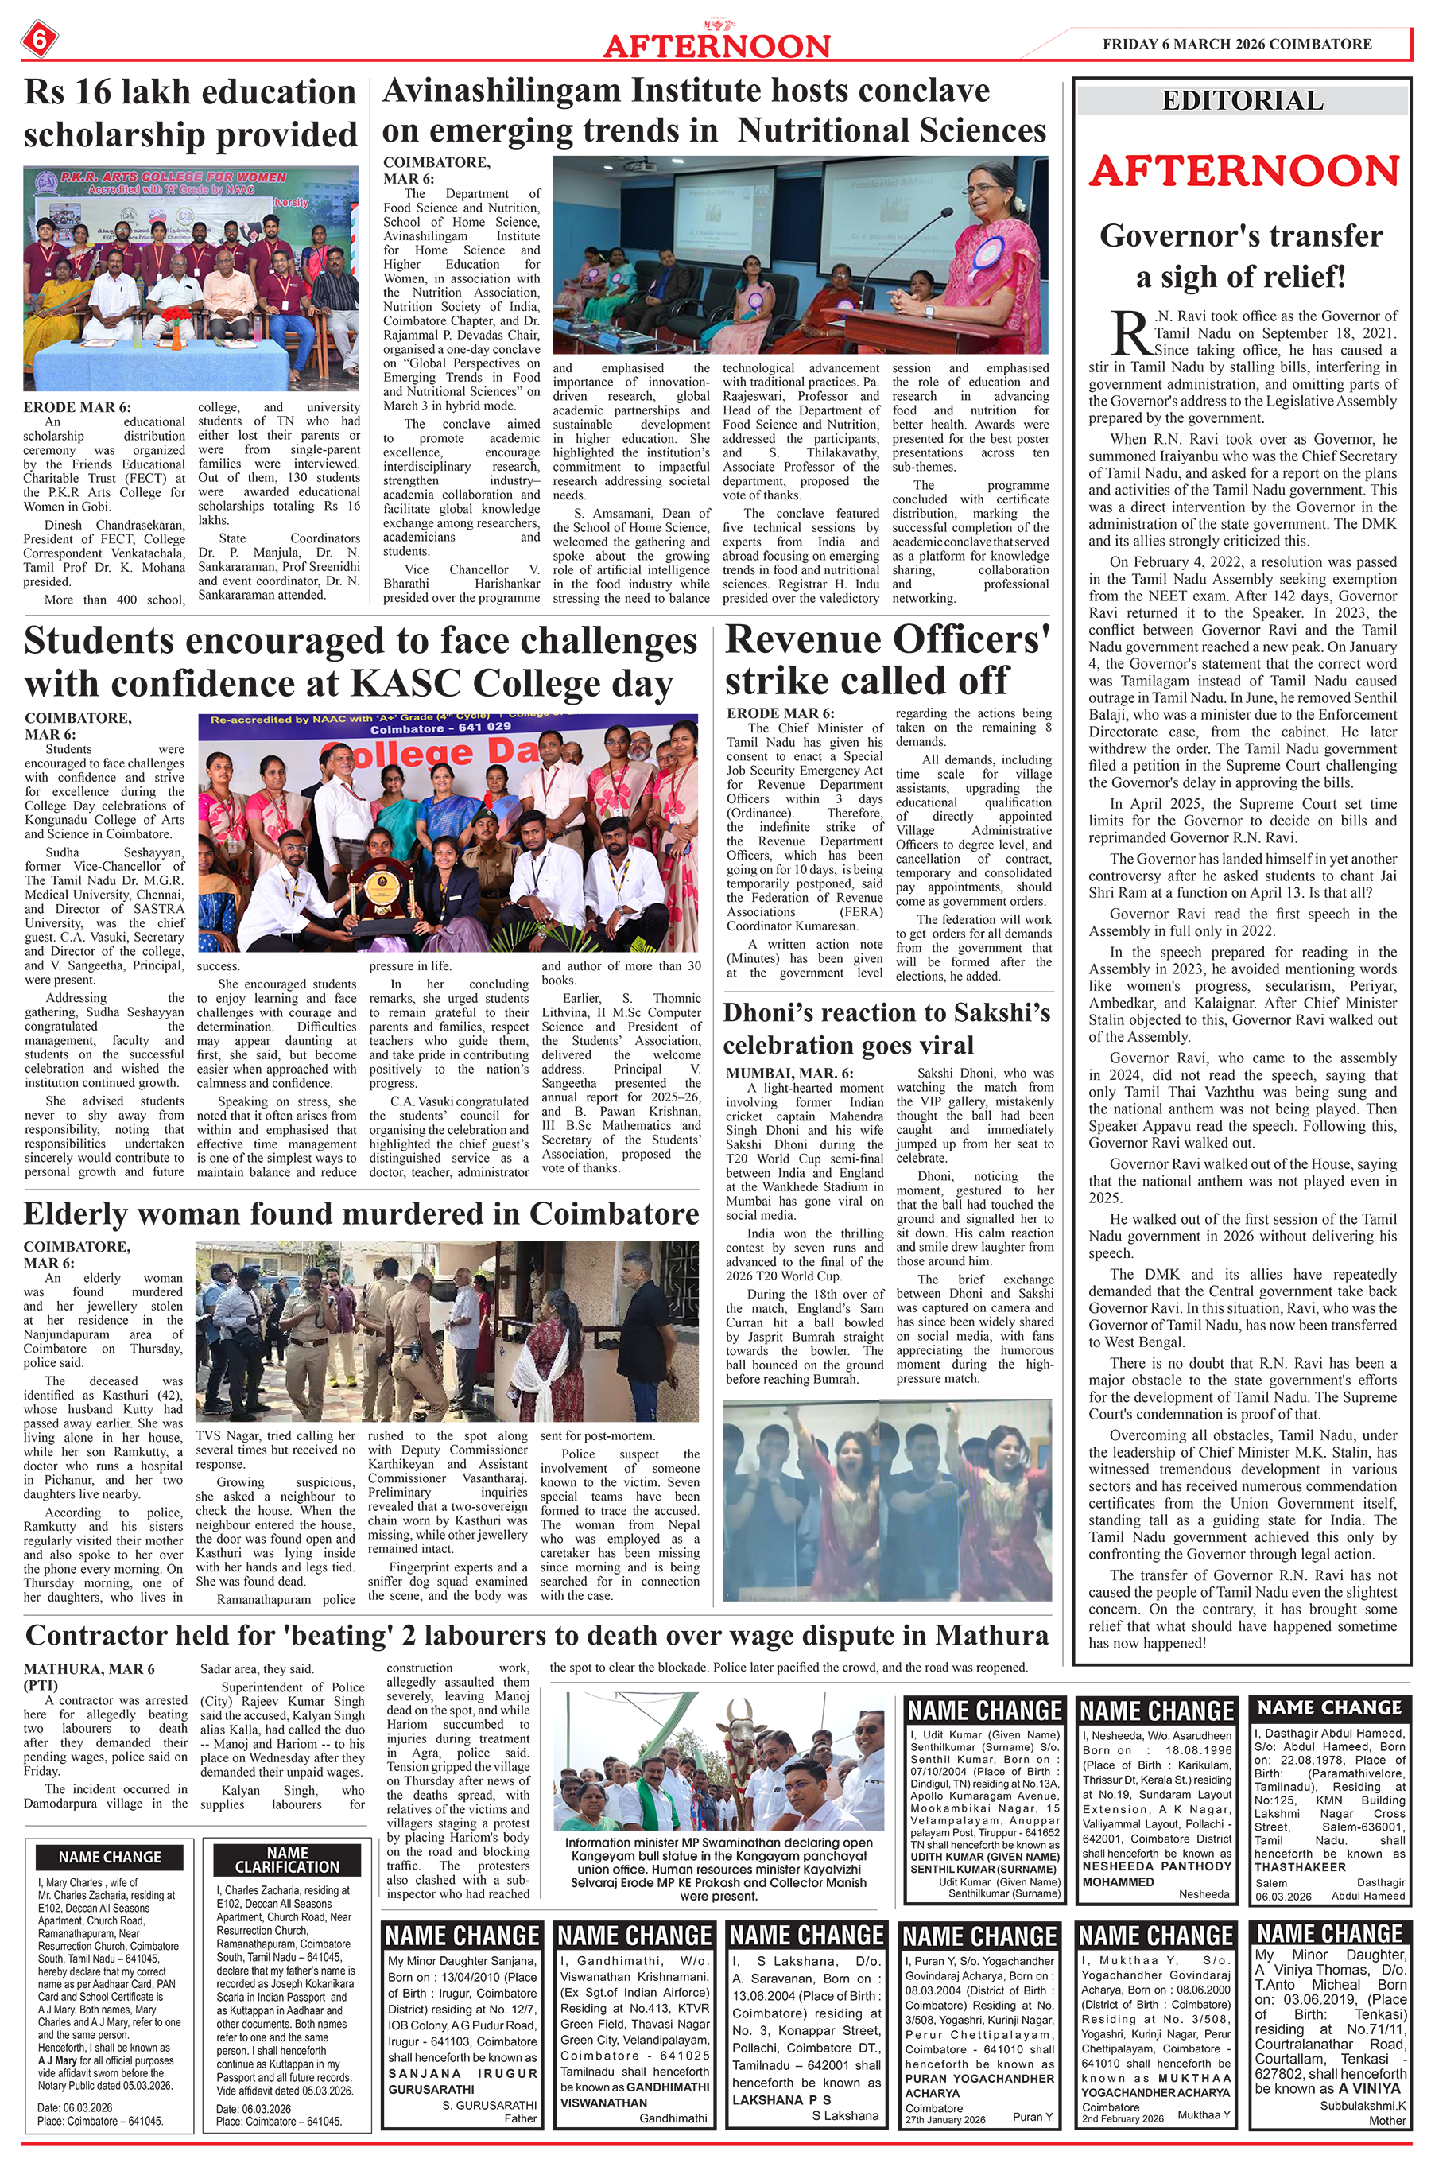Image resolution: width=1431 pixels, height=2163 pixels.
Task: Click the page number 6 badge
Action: pyautogui.click(x=38, y=39)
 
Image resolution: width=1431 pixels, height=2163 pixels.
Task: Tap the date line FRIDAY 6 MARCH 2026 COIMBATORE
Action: pyautogui.click(x=1236, y=44)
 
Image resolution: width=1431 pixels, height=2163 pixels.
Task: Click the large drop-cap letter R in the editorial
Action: pyautogui.click(x=1130, y=332)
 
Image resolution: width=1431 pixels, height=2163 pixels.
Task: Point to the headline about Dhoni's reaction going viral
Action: pyautogui.click(x=887, y=1028)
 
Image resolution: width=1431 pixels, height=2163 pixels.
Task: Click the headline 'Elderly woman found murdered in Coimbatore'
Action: pyautogui.click(x=362, y=1214)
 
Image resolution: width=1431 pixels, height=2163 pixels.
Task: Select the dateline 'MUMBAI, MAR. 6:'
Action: pyautogui.click(x=790, y=1074)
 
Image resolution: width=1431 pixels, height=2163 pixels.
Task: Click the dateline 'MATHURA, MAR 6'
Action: pyautogui.click(x=89, y=1668)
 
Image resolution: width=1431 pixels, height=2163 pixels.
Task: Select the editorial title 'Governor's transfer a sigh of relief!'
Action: pyautogui.click(x=1241, y=255)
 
